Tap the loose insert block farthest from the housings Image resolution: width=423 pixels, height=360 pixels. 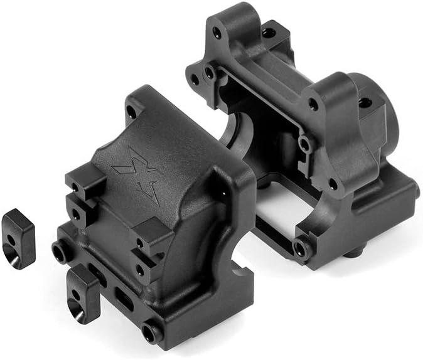point(19,238)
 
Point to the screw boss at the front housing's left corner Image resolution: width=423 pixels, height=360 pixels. point(60,251)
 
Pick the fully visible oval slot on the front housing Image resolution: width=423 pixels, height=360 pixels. point(124,300)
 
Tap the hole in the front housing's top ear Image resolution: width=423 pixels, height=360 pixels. point(131,112)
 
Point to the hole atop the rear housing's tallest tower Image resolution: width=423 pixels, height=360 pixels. point(217,30)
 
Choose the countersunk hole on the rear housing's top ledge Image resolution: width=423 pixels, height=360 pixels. point(269,31)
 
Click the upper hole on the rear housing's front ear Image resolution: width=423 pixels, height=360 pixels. point(313,105)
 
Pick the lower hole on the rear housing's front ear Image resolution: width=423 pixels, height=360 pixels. point(333,183)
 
